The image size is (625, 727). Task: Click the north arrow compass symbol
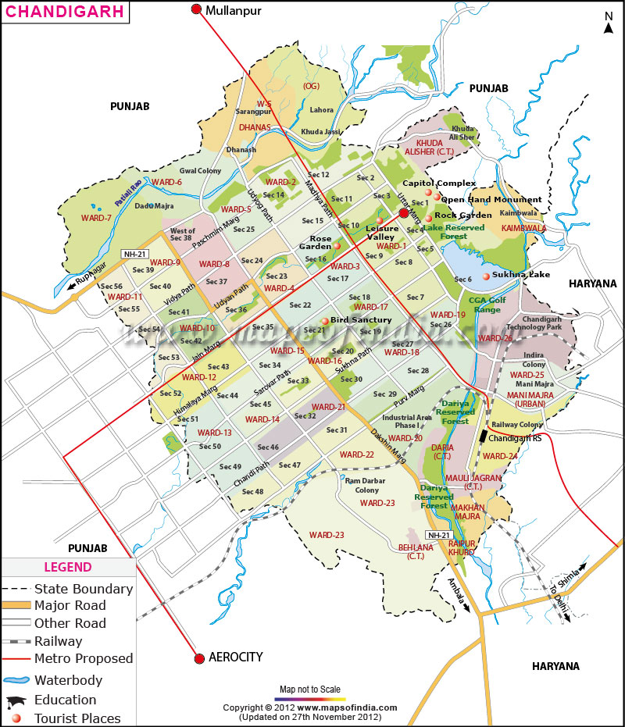tap(609, 23)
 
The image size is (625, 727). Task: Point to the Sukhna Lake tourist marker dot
tap(486, 276)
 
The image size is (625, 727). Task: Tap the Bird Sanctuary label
tap(361, 320)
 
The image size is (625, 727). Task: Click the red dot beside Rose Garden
tap(337, 245)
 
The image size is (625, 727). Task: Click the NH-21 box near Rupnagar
tap(134, 254)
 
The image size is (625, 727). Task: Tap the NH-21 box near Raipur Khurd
tap(438, 535)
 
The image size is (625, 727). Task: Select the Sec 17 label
tap(338, 279)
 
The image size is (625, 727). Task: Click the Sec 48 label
tap(252, 492)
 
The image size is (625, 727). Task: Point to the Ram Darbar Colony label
tap(362, 485)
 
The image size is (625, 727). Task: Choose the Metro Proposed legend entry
tap(84, 658)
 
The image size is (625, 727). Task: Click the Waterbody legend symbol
tap(16, 680)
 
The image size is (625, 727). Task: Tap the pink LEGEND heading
tap(67, 567)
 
